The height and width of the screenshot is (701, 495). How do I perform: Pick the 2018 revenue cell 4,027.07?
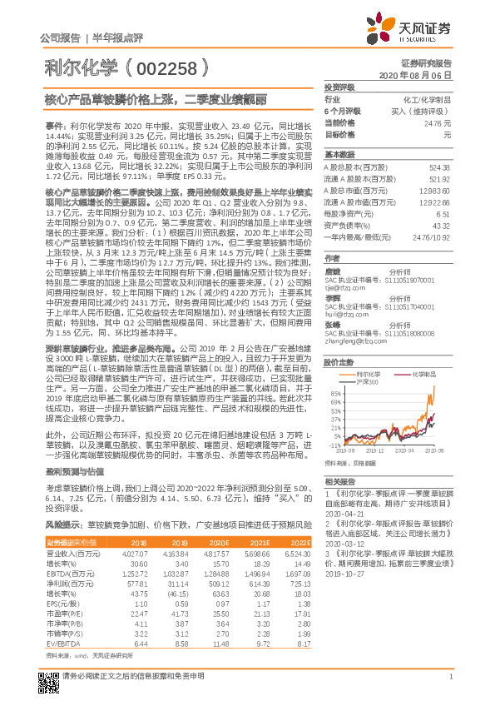coord(134,553)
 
